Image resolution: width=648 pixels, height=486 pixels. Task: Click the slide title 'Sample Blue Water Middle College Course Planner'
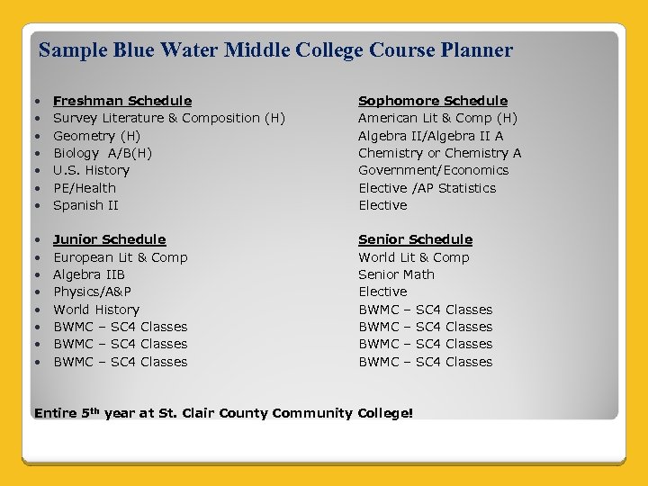pos(275,50)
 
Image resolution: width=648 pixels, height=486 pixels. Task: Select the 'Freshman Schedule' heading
pos(122,101)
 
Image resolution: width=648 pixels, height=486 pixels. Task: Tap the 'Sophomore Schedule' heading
pos(433,101)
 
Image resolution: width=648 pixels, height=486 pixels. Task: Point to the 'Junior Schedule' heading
pos(110,239)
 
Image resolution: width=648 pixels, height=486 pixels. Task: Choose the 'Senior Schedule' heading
pos(415,239)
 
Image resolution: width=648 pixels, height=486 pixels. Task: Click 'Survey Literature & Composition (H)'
pos(169,118)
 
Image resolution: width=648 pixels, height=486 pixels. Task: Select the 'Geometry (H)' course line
pos(97,136)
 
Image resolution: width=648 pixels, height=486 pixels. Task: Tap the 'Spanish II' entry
pos(85,205)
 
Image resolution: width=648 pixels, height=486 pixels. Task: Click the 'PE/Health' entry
pos(85,188)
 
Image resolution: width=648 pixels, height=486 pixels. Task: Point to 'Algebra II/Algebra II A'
pos(431,136)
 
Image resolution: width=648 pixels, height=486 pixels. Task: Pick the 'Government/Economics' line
pos(433,170)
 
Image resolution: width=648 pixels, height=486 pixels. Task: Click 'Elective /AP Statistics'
pos(427,188)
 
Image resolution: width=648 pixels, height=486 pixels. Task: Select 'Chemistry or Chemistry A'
pos(439,153)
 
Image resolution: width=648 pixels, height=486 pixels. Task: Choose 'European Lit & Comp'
pos(121,257)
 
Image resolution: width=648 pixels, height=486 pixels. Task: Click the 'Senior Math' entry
pos(396,274)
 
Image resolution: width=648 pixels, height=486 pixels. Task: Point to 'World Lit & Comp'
pos(414,257)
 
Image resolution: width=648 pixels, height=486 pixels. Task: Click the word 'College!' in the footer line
pos(385,413)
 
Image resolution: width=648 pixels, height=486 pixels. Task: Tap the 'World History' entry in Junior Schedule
pos(96,310)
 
